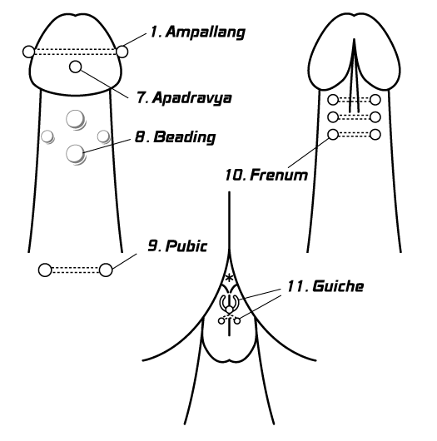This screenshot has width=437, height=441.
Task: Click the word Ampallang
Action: (206, 32)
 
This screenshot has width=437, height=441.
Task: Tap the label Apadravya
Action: (192, 98)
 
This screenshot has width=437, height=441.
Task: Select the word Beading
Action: (185, 137)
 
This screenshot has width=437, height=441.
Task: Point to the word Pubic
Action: (186, 246)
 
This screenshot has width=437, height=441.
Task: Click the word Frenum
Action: (279, 175)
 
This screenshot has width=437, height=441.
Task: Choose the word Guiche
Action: (338, 286)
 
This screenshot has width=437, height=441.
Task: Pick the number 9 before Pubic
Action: (154, 245)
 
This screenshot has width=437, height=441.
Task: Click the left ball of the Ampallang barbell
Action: (28, 52)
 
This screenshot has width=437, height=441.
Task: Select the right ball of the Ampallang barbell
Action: (122, 52)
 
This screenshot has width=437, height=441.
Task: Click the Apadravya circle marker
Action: (76, 67)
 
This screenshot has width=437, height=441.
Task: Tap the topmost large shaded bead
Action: (76, 119)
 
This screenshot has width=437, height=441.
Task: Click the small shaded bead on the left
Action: (47, 137)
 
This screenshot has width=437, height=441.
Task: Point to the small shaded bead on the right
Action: (103, 136)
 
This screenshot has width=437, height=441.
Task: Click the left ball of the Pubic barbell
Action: (45, 270)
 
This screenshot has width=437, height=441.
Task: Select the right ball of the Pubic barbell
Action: (106, 270)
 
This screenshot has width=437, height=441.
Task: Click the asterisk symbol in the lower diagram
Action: (230, 278)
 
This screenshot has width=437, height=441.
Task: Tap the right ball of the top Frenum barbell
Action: (375, 100)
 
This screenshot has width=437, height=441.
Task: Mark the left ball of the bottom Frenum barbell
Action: (333, 135)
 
